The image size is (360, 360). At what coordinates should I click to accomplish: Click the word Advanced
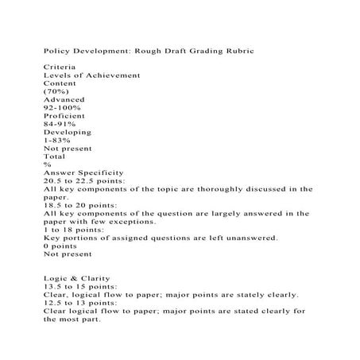64,99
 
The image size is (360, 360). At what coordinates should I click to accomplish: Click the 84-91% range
60,124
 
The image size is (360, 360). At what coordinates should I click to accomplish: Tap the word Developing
68,132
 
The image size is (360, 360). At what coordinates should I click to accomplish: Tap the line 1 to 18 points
73,230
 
